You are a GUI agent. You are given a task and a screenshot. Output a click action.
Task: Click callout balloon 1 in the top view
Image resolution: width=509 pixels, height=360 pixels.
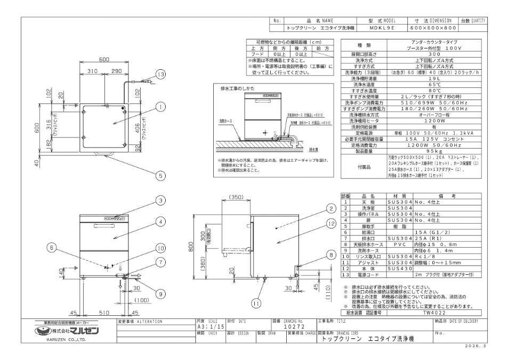click(x=159, y=107)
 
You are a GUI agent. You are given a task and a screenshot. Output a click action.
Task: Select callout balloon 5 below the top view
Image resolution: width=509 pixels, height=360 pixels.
click(x=159, y=174)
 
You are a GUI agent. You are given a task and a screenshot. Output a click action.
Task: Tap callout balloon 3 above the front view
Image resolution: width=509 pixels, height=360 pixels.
click(x=159, y=200)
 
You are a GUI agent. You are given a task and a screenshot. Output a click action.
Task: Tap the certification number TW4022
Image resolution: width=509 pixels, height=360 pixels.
click(x=431, y=314)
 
